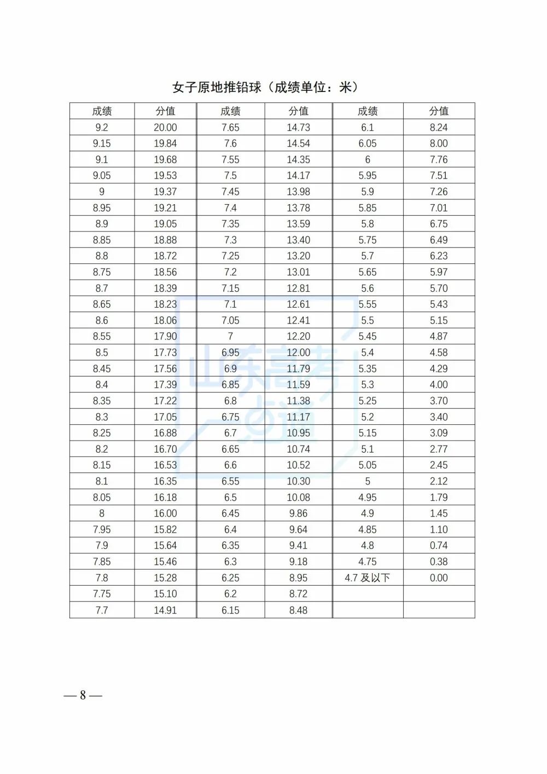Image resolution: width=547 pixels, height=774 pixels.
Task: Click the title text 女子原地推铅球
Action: point(217,88)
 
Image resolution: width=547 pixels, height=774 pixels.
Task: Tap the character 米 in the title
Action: point(346,88)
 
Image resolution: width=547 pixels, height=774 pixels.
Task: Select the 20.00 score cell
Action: point(165,128)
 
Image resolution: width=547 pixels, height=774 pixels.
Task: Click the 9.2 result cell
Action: point(102,128)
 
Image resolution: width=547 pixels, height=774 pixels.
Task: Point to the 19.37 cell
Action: point(165,192)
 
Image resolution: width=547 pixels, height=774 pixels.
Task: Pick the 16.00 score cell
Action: point(165,513)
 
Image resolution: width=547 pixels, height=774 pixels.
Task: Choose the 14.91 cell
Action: point(165,610)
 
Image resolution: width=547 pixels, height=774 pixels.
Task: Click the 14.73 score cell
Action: point(298,128)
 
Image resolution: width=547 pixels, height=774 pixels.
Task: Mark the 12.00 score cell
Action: point(298,353)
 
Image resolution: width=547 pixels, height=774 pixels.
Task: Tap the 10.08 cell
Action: point(298,498)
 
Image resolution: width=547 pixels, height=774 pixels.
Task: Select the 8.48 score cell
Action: point(298,610)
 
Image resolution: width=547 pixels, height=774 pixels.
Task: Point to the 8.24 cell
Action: point(439,128)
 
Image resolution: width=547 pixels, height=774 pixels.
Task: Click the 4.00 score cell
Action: point(439,385)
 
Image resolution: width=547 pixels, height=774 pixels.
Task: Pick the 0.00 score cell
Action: point(439,578)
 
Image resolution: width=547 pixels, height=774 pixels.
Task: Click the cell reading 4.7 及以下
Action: point(368,578)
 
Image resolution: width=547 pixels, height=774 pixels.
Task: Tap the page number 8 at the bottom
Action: point(83,695)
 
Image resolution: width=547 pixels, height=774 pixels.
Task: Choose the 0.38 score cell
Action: point(439,562)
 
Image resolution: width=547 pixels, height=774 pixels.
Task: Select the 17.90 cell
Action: point(165,337)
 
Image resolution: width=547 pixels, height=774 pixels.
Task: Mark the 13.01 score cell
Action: point(298,272)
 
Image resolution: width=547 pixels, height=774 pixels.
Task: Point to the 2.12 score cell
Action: point(439,481)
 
